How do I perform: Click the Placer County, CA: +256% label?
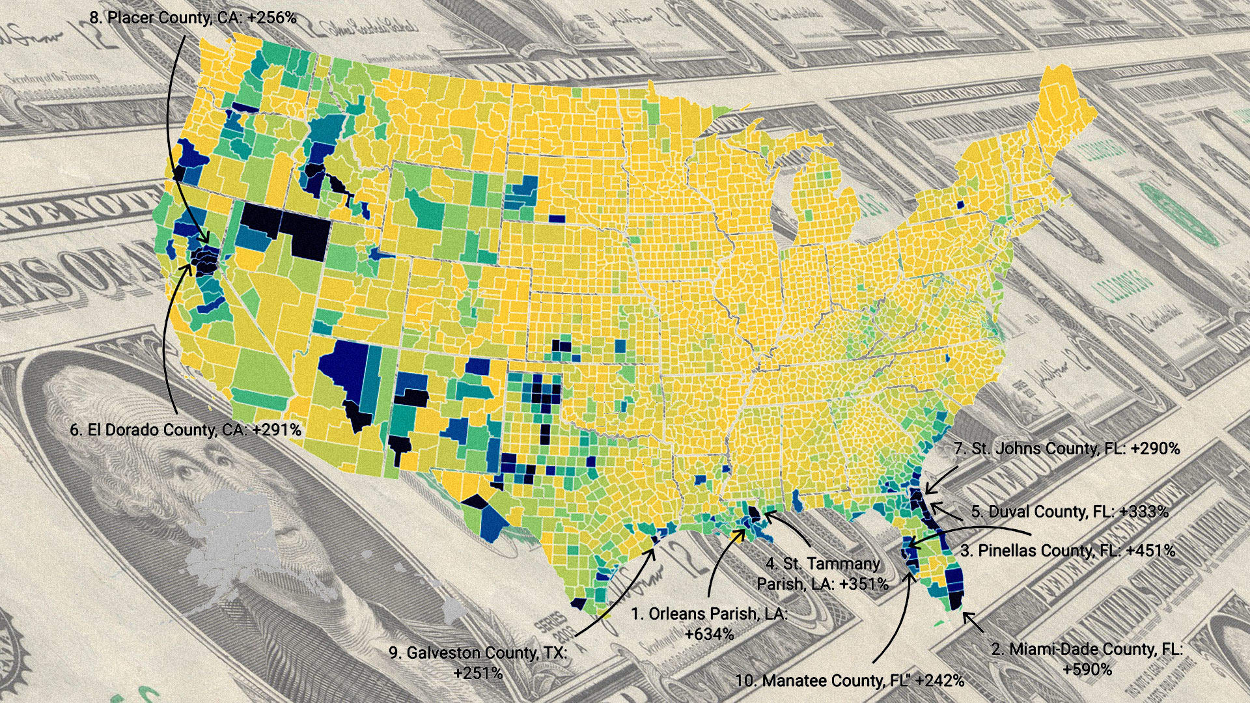(x=193, y=18)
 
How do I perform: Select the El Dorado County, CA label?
(x=186, y=430)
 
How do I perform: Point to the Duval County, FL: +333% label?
(x=1078, y=512)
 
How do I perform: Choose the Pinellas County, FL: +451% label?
(x=1068, y=551)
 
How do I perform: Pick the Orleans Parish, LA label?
(x=710, y=614)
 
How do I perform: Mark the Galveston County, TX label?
(x=478, y=653)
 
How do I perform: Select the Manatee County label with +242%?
(x=850, y=681)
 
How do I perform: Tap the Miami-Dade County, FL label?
(x=1087, y=649)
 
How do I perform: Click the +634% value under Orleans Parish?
(x=710, y=634)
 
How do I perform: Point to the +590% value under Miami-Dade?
(x=1087, y=669)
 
